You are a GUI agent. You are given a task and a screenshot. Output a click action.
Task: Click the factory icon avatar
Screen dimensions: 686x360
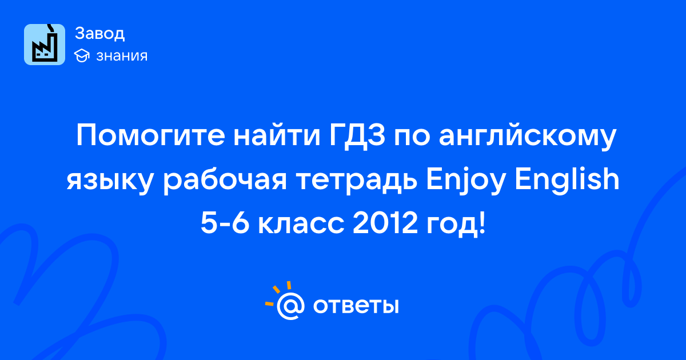point(45,45)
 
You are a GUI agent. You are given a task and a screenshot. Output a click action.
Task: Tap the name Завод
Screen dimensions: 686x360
point(100,33)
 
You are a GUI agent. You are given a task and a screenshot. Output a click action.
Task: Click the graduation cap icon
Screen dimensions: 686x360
point(82,56)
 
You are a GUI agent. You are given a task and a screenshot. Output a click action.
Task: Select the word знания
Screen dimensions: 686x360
point(122,56)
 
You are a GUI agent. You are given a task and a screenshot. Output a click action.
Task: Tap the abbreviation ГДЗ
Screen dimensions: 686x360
point(357,135)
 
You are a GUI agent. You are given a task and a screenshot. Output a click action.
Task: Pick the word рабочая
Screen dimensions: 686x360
point(225,181)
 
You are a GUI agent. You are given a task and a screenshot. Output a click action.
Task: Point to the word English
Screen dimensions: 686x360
point(567,180)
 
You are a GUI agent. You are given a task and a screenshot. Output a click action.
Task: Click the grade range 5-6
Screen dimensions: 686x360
point(225,223)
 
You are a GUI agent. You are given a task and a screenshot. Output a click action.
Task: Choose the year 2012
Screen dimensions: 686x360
point(385,223)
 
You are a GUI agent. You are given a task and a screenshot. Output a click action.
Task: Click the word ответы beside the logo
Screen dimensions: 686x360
point(356,306)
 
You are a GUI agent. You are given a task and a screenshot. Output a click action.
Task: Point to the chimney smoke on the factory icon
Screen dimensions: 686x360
point(51,28)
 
